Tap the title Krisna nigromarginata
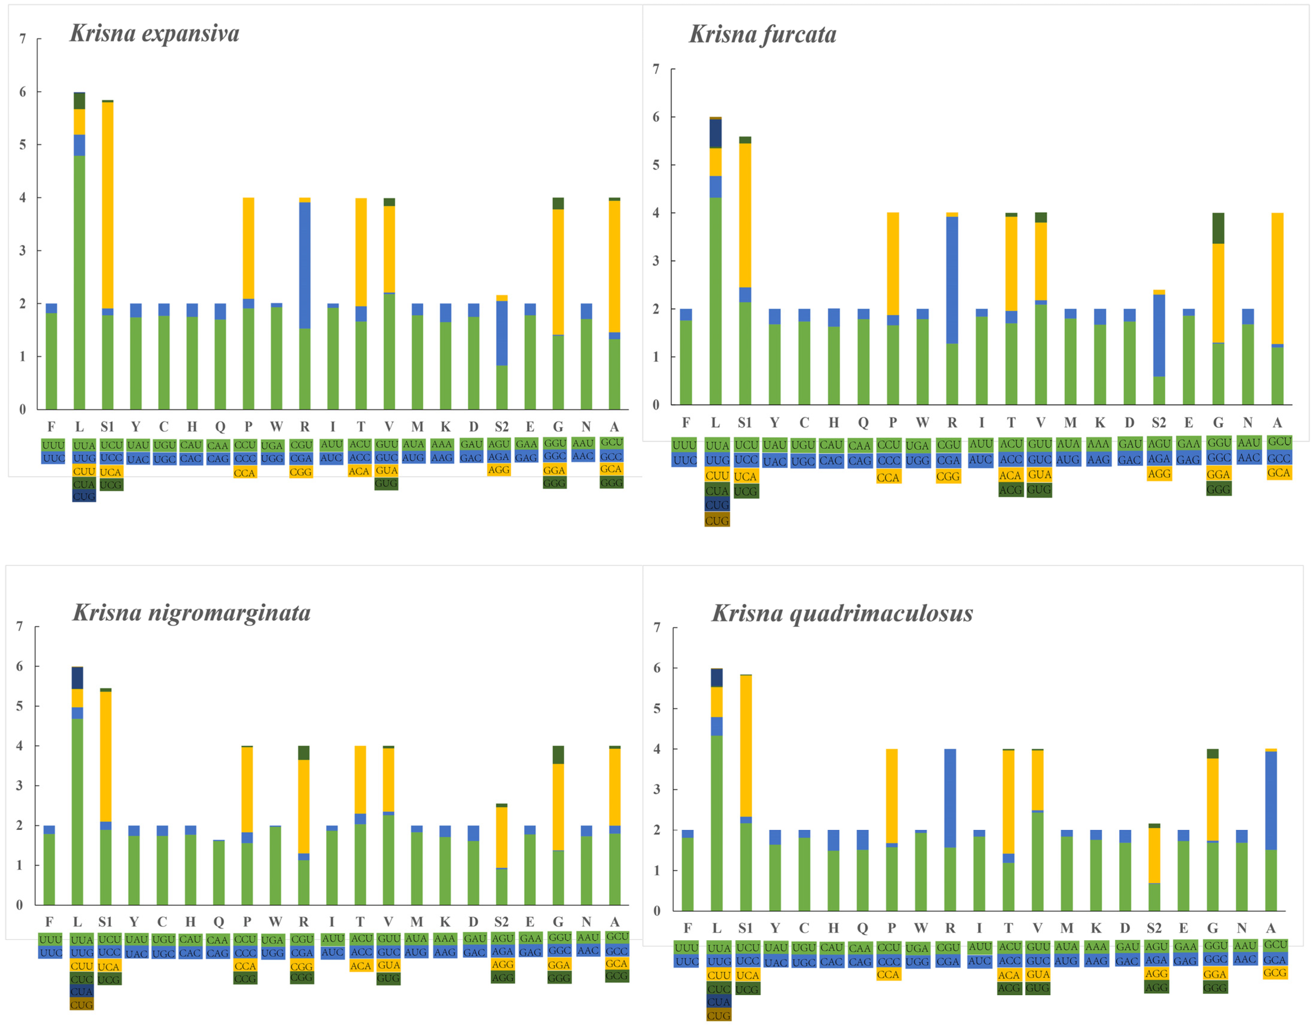[x=191, y=613]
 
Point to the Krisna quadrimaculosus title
[x=842, y=613]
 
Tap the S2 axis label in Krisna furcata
[x=1158, y=423]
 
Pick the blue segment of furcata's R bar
[x=952, y=280]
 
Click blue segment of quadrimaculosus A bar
[x=1271, y=801]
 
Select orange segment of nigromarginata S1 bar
[x=105, y=757]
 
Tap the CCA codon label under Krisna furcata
[x=888, y=477]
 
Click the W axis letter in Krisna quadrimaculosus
[x=921, y=928]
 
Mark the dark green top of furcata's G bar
[x=1218, y=228]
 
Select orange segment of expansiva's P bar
[x=248, y=248]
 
